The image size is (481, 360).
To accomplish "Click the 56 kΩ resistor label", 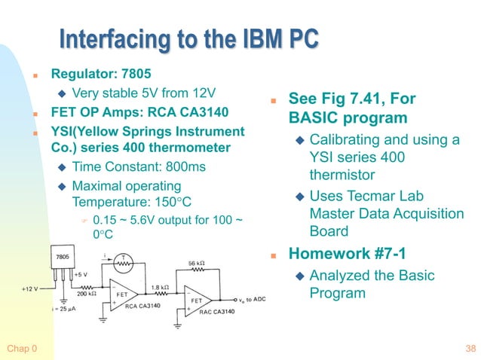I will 198,264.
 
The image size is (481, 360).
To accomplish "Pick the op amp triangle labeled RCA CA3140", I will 121,294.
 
